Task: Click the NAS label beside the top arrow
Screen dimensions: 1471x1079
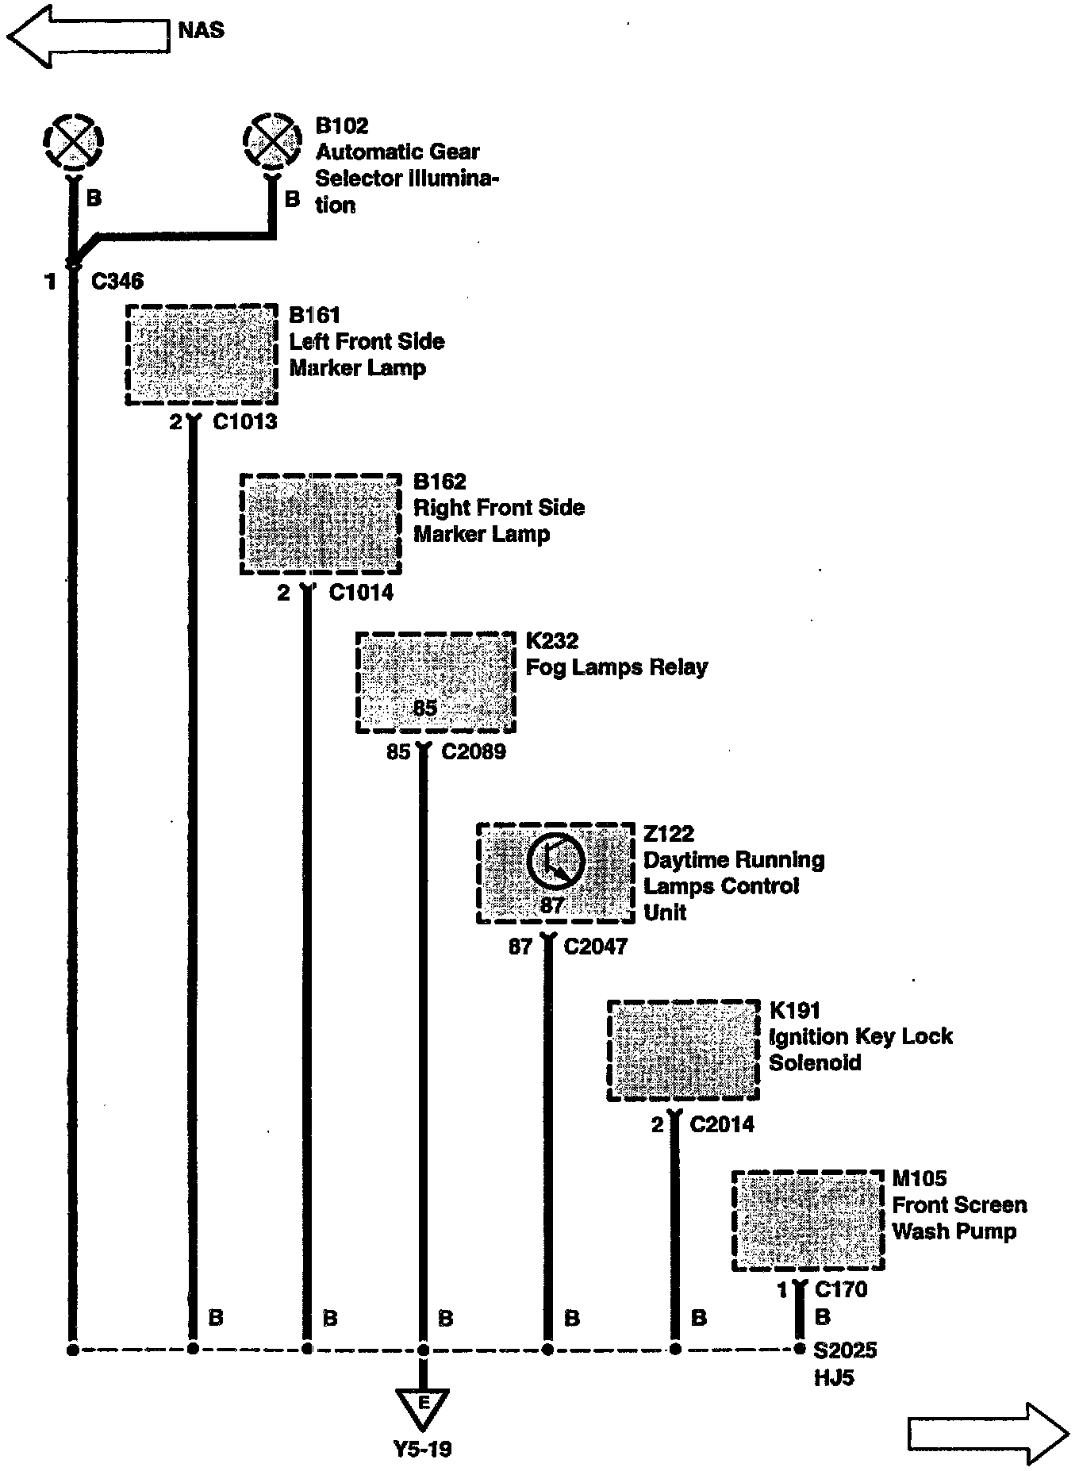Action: click(201, 30)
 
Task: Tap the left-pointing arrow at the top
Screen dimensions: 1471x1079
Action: click(87, 36)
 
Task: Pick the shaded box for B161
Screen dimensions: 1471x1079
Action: click(202, 355)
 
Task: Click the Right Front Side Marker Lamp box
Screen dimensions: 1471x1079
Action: click(321, 524)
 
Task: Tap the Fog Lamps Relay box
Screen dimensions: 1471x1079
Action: click(436, 682)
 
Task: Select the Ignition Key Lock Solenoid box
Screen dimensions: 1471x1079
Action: click(683, 1050)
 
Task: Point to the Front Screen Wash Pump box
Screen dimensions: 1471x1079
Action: click(807, 1220)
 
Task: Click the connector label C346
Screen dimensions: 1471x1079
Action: click(117, 281)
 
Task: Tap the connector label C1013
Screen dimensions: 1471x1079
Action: click(245, 421)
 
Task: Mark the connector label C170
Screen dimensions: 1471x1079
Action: click(841, 1289)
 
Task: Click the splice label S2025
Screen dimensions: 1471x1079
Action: click(845, 1350)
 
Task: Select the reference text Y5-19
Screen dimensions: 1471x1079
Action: click(423, 1449)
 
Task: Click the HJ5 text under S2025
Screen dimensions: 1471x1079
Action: click(834, 1377)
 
